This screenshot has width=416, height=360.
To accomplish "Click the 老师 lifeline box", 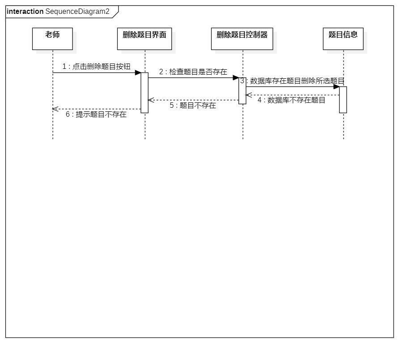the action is coord(52,38).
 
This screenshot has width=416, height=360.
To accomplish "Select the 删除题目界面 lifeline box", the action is coord(144,38).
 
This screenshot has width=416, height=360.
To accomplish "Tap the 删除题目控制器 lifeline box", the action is coord(242,38).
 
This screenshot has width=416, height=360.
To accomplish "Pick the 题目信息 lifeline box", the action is coord(343,38).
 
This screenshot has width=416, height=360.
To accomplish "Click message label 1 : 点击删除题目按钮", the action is coord(96,67).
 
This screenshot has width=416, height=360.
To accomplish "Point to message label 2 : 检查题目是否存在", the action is coord(193,72).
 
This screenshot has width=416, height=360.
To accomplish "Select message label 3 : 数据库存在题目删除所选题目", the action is coord(293,81).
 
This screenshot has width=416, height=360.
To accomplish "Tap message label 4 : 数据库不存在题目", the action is coord(291,100).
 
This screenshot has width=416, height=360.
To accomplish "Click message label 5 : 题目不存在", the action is coord(193,106).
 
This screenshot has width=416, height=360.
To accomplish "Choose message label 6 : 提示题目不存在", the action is coord(96,114).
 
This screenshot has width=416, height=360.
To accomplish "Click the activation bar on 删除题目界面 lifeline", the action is coord(144,93).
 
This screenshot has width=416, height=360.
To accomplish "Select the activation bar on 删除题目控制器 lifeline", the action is coord(242,90).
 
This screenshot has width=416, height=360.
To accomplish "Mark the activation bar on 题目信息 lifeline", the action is coord(343,99).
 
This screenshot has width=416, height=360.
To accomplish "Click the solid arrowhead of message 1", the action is coord(138,72).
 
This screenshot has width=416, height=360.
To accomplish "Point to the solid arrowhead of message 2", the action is coord(236,77).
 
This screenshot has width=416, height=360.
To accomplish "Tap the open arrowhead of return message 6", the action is coord(55,109).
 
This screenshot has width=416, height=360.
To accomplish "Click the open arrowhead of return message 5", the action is coord(151,100).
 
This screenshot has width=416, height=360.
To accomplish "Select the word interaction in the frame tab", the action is coord(25,12).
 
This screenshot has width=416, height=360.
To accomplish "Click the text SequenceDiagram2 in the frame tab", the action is coord(77,12).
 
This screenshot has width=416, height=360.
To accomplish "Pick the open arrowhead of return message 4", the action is coord(248,95).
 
